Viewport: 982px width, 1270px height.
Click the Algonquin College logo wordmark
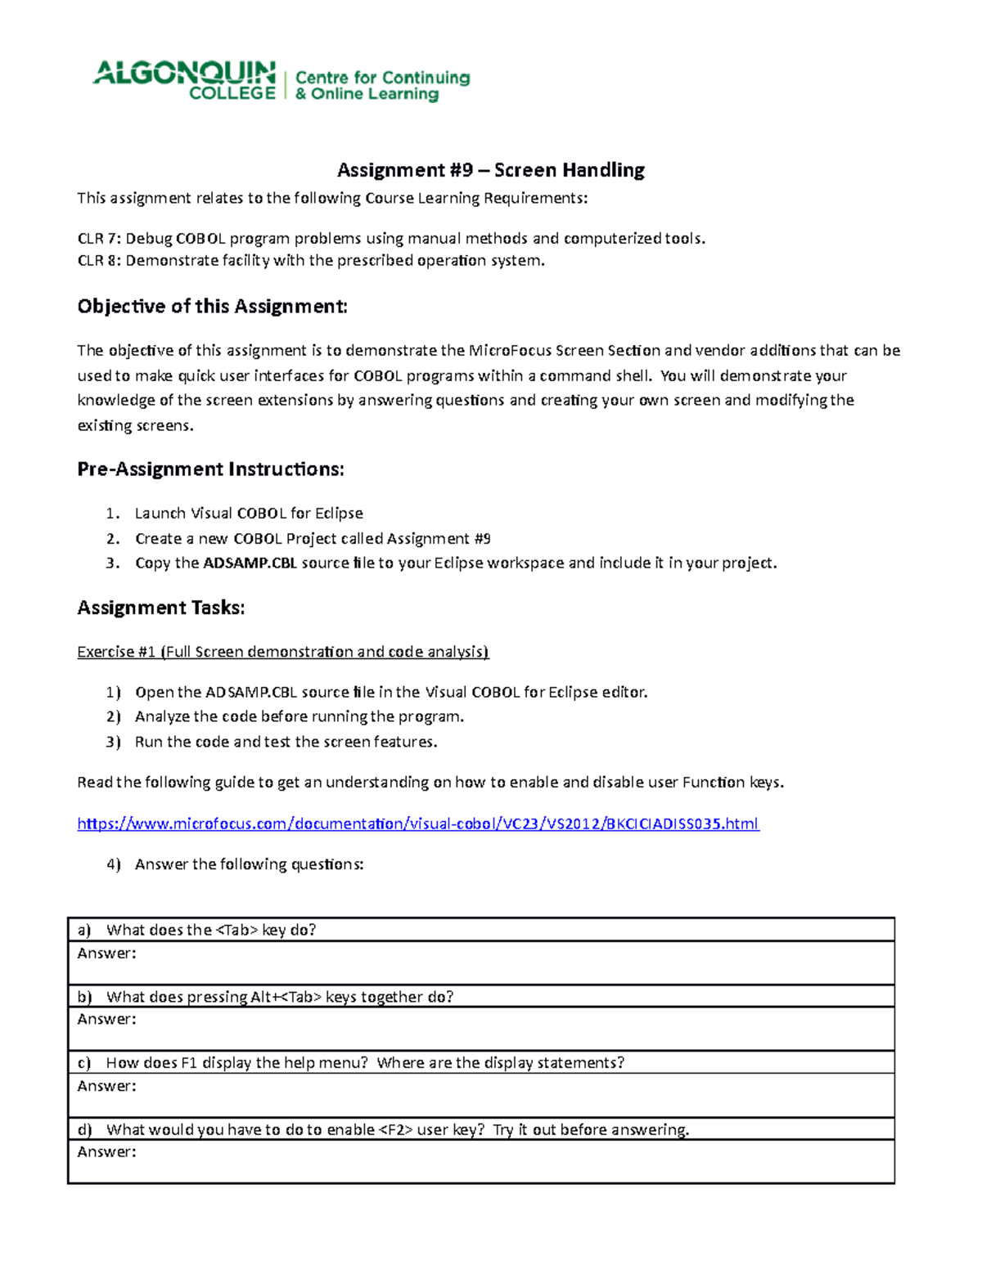coord(185,80)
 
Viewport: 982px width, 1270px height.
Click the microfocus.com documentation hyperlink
coord(417,823)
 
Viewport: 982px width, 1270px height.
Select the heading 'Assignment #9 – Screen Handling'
coord(490,170)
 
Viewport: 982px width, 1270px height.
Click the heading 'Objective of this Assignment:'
coord(212,307)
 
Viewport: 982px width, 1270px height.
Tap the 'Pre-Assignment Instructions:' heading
coord(210,469)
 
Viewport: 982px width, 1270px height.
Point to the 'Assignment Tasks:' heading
coord(161,608)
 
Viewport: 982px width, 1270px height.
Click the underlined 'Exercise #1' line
coord(282,652)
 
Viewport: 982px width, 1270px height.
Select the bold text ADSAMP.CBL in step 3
coord(250,563)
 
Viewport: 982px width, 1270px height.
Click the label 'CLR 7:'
coord(98,239)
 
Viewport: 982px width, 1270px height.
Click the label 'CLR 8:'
coord(98,261)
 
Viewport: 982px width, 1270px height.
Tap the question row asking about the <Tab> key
coord(480,930)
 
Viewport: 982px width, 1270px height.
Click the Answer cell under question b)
coord(480,1029)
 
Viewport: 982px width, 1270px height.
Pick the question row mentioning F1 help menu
coord(480,1062)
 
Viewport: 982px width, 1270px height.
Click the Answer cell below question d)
coord(480,1161)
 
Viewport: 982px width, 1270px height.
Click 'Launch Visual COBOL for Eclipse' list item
coord(249,514)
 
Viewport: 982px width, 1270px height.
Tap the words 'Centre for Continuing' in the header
coord(382,78)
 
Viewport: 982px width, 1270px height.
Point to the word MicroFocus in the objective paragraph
coord(510,351)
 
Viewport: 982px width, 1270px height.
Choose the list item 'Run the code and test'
coord(286,742)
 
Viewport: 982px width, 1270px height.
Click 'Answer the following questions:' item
coord(249,864)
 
